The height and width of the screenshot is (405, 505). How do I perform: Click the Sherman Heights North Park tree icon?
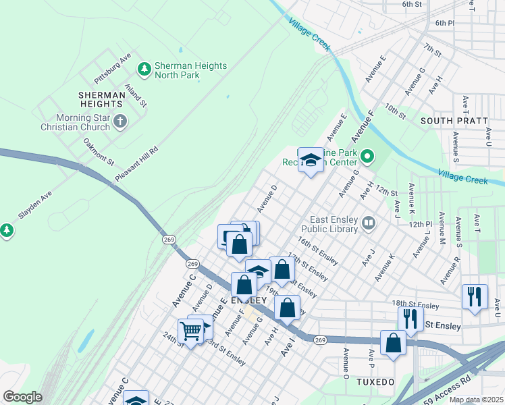coord(143,68)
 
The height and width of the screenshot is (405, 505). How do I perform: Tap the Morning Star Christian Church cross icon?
coord(120,122)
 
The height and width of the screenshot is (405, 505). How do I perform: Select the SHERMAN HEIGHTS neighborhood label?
coord(101,100)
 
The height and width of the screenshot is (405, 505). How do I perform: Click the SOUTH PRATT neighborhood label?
coord(454,121)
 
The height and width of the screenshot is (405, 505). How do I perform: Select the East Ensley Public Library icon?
coord(369,222)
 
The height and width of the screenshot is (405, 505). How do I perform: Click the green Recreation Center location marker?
coord(367,157)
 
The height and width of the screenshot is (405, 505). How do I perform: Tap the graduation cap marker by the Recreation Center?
coord(311,160)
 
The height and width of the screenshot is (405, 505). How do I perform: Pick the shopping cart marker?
coord(191,331)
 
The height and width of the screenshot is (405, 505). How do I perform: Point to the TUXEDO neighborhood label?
coord(375,382)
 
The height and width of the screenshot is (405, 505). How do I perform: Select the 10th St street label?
coord(394,111)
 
